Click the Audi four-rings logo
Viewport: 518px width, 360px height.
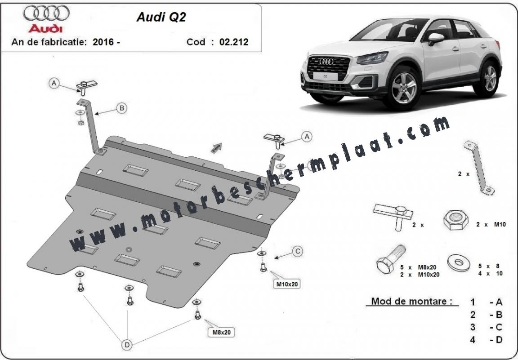(46, 13)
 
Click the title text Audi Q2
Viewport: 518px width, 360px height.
(161, 17)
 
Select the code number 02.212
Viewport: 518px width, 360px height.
(234, 42)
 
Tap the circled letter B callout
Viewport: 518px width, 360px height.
(121, 107)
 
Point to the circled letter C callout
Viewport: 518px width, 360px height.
(297, 252)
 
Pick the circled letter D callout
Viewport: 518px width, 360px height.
(127, 345)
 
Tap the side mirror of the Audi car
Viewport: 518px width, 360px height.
(435, 38)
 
